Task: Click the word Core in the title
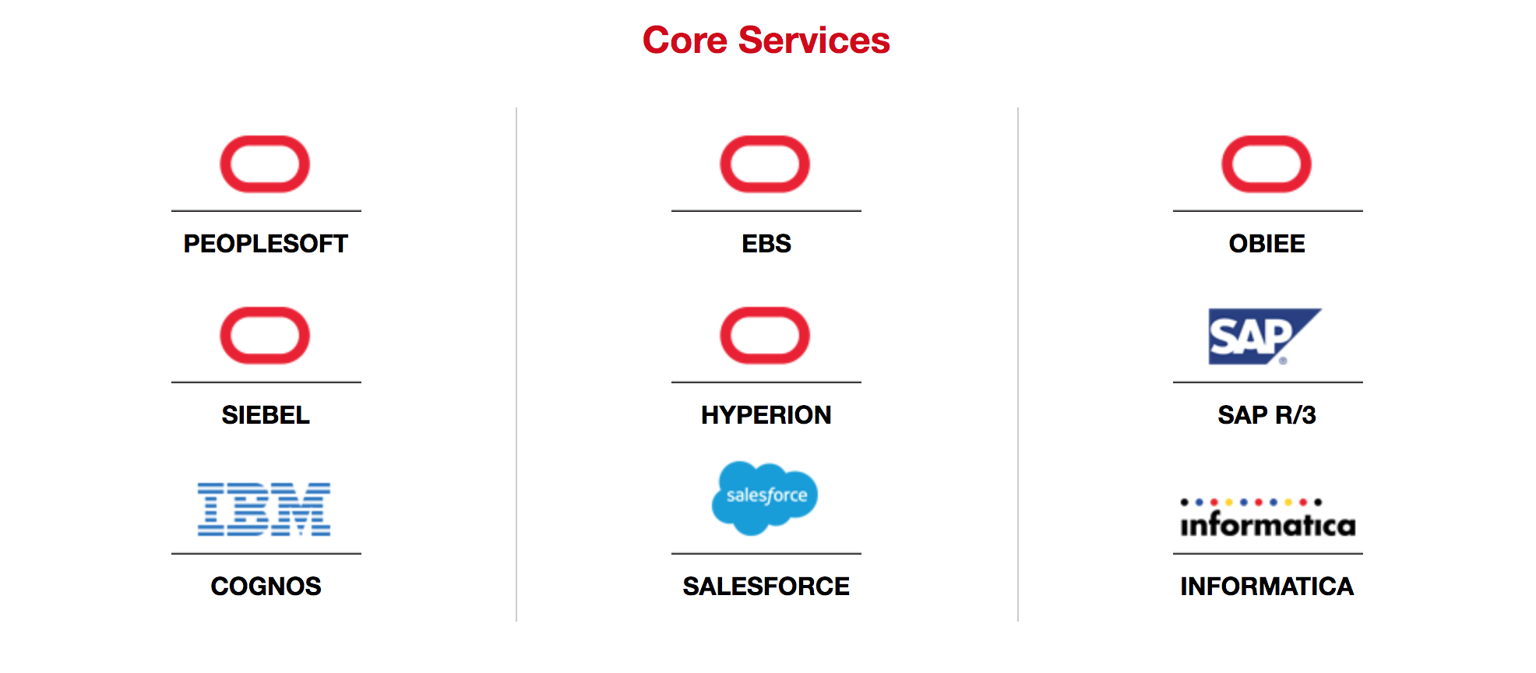click(685, 41)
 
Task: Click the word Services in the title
click(814, 41)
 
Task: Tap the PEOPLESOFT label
click(266, 244)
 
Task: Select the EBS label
click(766, 244)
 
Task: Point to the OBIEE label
click(1267, 244)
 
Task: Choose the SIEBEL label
click(266, 415)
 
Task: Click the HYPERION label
click(766, 415)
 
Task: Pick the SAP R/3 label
click(1267, 415)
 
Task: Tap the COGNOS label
click(266, 587)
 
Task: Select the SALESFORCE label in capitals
click(766, 587)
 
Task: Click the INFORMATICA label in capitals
click(1267, 587)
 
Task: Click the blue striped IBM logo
click(264, 509)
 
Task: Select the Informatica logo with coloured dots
click(1268, 518)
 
